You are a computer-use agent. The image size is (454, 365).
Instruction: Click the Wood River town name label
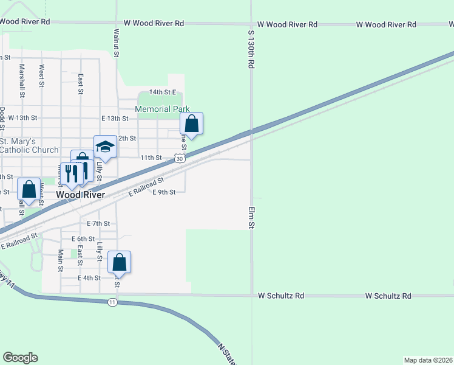click(x=80, y=195)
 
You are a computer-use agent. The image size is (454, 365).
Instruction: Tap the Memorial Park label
click(x=162, y=109)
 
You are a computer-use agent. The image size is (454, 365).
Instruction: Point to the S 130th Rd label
click(x=250, y=46)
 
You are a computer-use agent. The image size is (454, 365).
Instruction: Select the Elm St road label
click(x=250, y=217)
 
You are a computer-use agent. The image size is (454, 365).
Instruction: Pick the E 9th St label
click(x=163, y=192)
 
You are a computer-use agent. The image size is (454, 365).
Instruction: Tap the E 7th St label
click(x=98, y=223)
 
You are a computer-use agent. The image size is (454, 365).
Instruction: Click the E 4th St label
click(x=89, y=278)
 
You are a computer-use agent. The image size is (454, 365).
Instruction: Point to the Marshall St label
click(x=22, y=81)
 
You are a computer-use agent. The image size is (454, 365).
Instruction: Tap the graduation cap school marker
click(x=105, y=147)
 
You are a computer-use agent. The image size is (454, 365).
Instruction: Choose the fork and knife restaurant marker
click(x=71, y=174)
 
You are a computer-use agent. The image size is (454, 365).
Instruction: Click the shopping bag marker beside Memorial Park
click(x=192, y=124)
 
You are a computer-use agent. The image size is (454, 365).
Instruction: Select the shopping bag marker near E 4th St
click(x=120, y=263)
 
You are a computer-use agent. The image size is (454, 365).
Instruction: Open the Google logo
click(x=20, y=358)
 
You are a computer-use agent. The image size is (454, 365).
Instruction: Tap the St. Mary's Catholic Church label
click(x=29, y=145)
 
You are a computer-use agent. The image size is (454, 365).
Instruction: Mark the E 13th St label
click(x=115, y=118)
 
